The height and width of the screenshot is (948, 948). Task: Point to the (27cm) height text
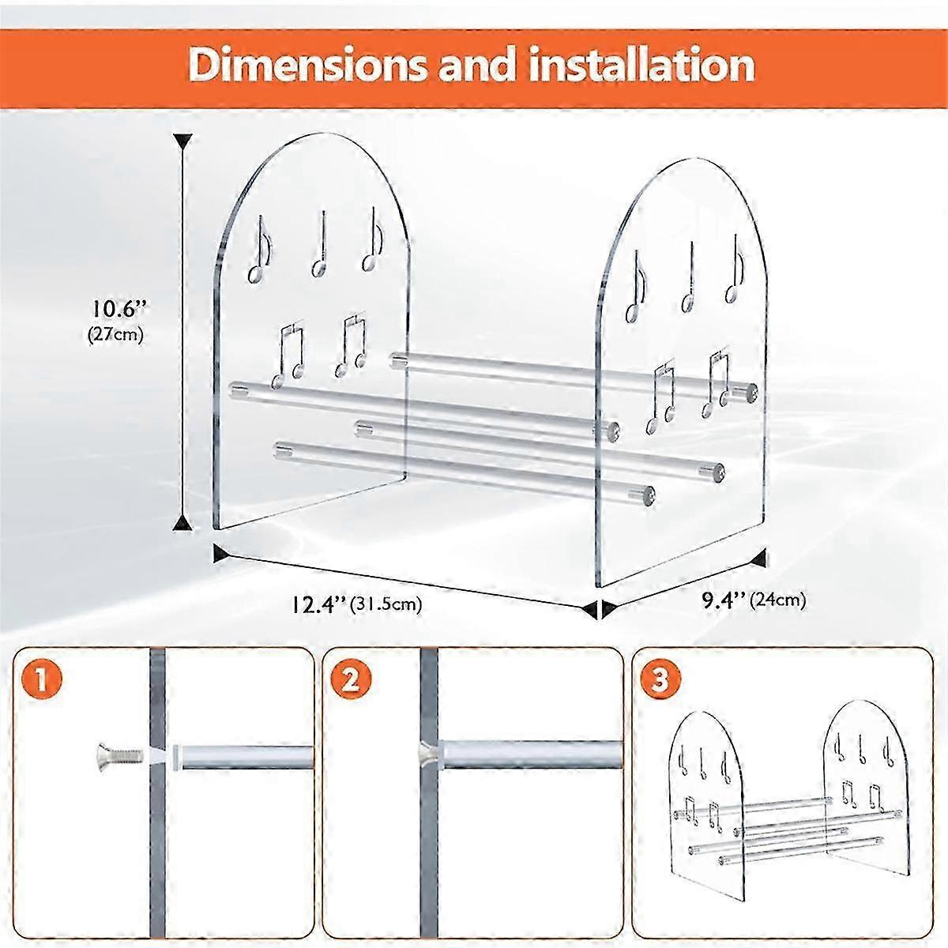coord(116,333)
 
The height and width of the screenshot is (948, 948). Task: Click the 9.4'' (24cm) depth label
coord(754,600)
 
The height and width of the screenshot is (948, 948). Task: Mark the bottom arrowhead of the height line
coord(184,521)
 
